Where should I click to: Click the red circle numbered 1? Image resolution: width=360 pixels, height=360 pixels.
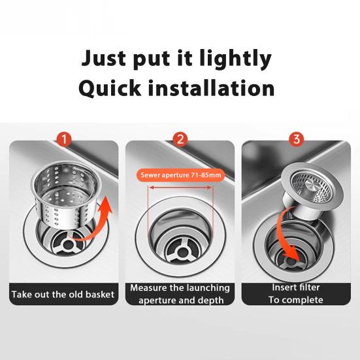pos(63,139)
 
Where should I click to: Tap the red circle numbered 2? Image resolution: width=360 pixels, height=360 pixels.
pos(180,139)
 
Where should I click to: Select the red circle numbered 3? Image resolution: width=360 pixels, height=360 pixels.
pos(296,139)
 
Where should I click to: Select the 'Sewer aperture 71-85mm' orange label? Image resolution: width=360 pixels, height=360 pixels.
pos(180,175)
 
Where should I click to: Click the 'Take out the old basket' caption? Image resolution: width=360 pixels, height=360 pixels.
pos(63,295)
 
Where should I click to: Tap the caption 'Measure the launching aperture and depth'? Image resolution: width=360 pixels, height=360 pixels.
pos(180,293)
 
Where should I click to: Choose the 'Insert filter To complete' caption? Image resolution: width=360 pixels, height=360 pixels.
pos(297,293)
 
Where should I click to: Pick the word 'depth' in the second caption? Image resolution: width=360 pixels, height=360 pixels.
pos(210,301)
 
